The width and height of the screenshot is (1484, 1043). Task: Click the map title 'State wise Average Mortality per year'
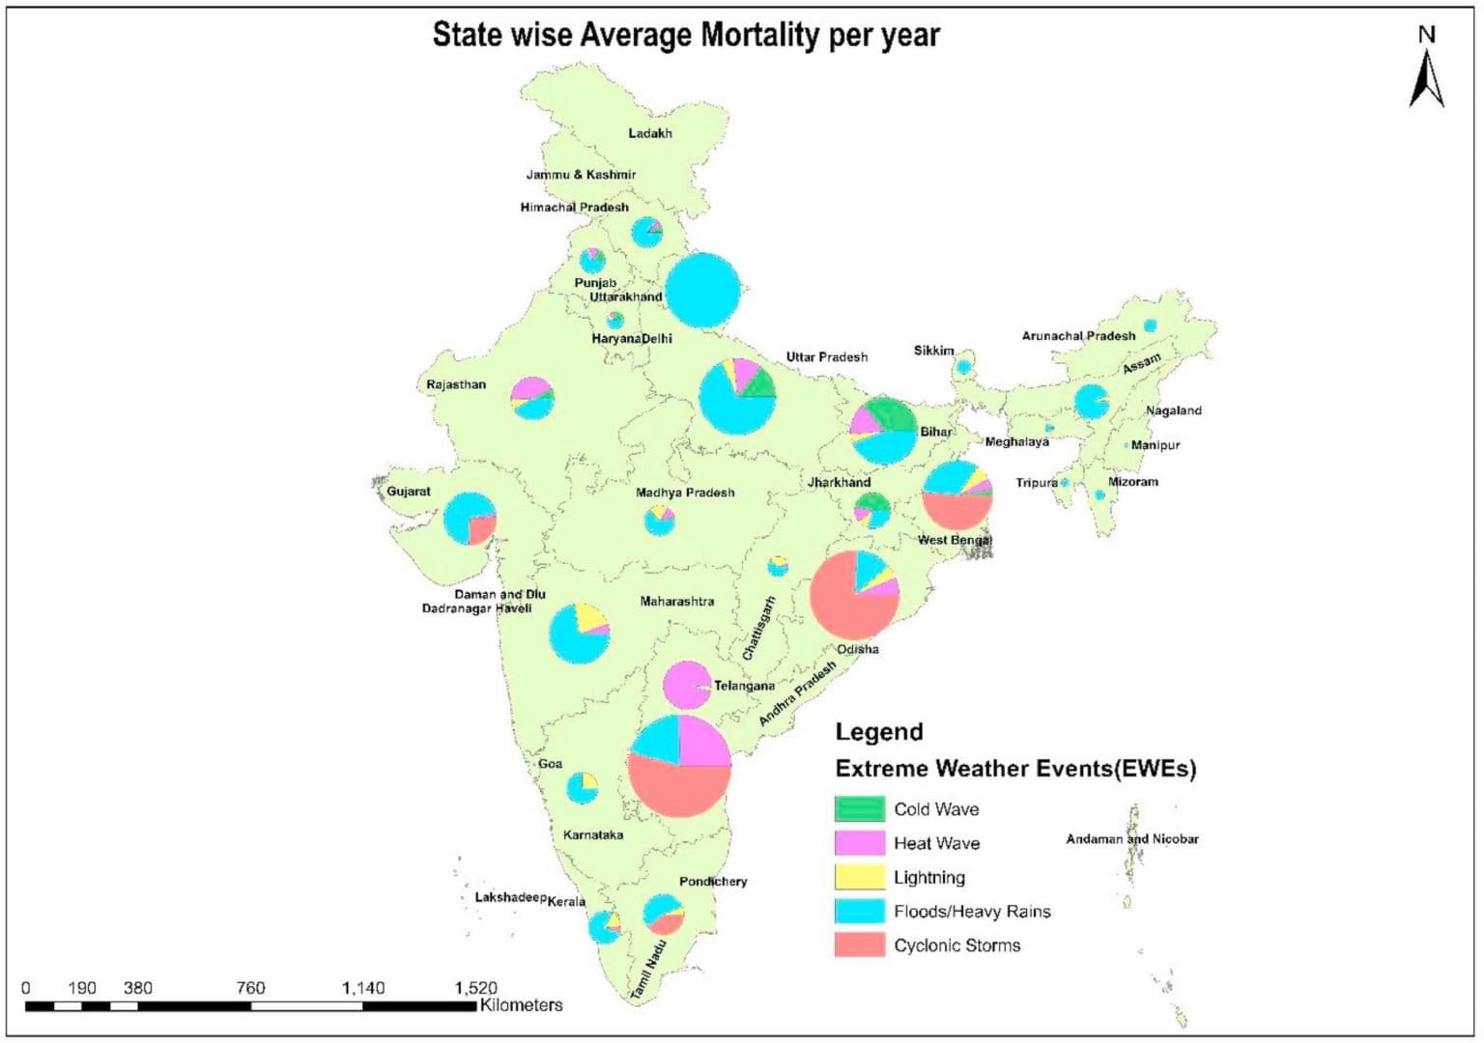[685, 35]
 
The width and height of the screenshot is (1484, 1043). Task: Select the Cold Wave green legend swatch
[859, 809]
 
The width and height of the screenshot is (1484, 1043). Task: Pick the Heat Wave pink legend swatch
[859, 843]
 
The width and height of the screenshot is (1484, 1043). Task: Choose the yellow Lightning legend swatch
[859, 877]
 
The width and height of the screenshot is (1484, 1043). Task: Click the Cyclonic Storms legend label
[956, 945]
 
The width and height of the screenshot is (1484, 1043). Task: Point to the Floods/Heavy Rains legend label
[971, 912]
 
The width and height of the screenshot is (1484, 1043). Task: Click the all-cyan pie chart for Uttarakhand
[703, 290]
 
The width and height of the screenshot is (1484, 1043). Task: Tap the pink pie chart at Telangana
[686, 686]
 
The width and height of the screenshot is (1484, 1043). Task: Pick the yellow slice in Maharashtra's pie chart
[588, 616]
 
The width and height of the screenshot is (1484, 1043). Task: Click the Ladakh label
[649, 133]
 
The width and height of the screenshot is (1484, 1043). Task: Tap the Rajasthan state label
[456, 384]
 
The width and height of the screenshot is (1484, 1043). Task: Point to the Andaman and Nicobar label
[1131, 839]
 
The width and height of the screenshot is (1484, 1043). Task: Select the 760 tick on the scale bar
[250, 988]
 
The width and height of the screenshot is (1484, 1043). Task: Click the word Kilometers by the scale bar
[521, 1005]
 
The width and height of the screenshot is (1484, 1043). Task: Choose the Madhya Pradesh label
[684, 493]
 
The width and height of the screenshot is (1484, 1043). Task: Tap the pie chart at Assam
[1092, 402]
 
